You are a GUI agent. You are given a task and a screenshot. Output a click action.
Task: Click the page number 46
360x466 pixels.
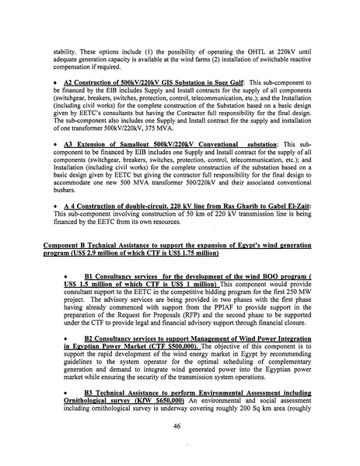pos(178,425)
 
